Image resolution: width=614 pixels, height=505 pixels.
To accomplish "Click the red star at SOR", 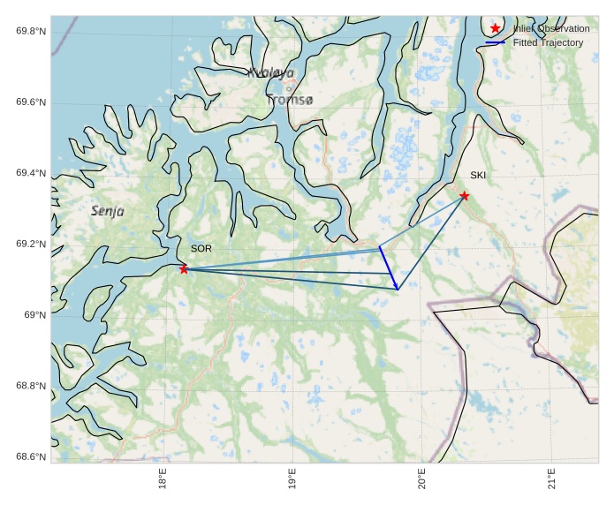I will pos(184,269).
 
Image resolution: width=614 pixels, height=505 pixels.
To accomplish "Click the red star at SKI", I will pos(464,196).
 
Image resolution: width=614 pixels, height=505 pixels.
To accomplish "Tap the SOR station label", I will pos(201,249).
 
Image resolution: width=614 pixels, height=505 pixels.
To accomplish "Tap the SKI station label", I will pos(478,175).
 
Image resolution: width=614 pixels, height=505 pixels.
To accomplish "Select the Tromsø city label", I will pos(290,101).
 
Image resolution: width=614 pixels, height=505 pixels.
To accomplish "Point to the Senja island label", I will pos(108,211).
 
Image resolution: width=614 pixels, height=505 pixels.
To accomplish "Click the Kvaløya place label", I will pos(271,73).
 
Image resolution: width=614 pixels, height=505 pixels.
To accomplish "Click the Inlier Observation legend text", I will pos(551,29).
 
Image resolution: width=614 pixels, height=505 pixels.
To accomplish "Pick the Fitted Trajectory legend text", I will pos(549,42).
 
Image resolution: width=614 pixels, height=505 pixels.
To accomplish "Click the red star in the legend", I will pos(495,29).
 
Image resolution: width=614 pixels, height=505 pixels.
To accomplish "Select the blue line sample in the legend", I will pos(495,42).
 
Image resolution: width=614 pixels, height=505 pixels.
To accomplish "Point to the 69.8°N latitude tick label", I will pos(31,32).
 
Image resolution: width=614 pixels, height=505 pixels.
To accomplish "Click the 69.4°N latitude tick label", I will pos(31,173).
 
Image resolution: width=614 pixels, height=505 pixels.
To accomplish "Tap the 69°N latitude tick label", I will pos(34,315).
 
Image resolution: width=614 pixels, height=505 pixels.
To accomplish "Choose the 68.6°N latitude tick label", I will pos(31,456).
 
